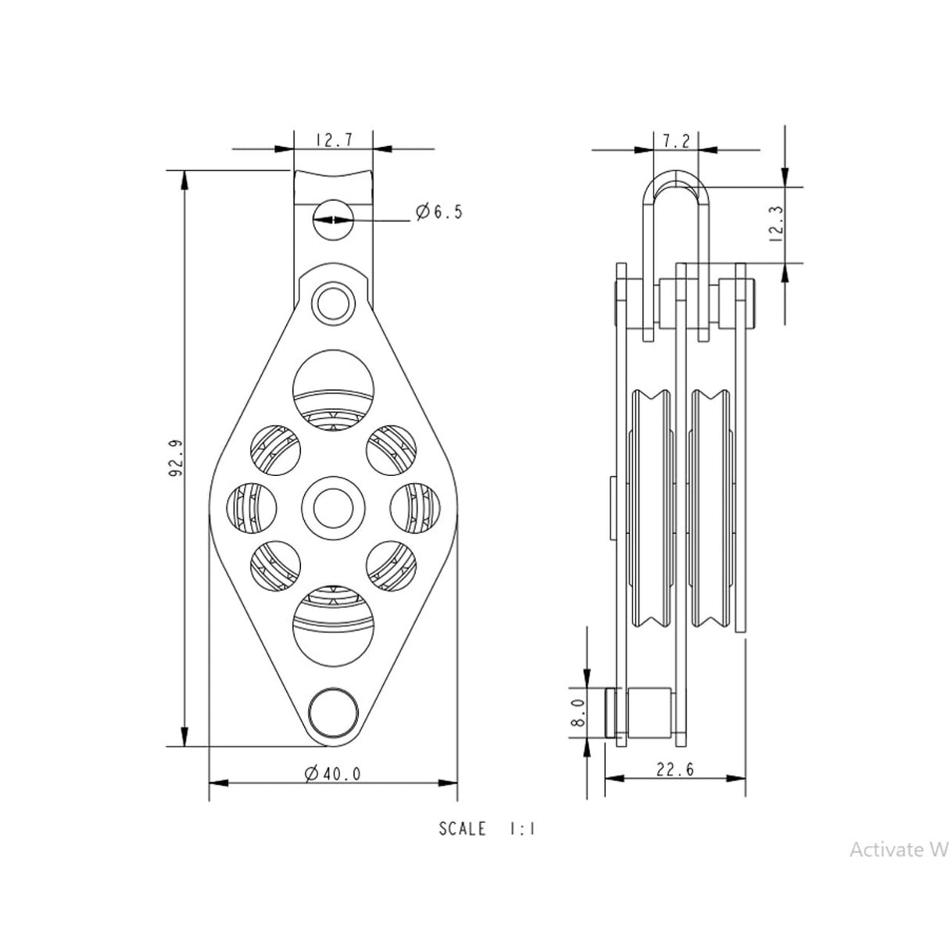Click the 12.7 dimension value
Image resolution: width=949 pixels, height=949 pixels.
(334, 141)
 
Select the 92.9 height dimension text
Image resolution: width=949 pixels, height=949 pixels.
(176, 457)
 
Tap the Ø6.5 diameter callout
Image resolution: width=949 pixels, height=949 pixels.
(439, 212)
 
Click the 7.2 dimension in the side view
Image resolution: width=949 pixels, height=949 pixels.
(676, 141)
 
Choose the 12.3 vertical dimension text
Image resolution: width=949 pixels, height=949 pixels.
(775, 223)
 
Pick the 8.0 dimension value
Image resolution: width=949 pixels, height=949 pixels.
(578, 712)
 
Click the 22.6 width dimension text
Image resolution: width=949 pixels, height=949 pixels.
(675, 768)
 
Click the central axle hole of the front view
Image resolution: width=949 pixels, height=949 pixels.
(334, 508)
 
